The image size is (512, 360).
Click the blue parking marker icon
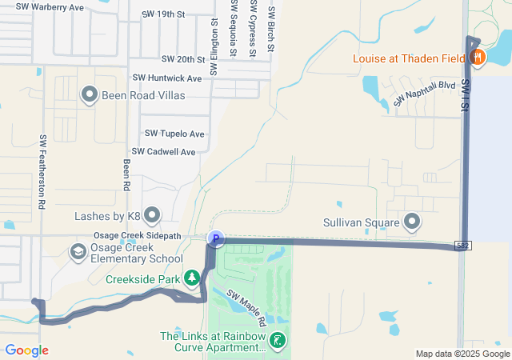coord(215,238)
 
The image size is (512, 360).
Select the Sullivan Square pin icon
coord(412,222)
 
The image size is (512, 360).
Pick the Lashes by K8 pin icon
coord(152,215)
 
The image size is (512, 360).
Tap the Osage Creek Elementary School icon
coord(78,253)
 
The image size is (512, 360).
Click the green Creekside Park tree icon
coord(192,278)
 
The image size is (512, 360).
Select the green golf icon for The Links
coord(278,342)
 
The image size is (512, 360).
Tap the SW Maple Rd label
coord(246,307)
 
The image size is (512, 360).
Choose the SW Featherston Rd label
coord(41,172)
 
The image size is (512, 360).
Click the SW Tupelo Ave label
coord(174,134)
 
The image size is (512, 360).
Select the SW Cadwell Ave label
coord(164,151)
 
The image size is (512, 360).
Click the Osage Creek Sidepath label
coord(138,235)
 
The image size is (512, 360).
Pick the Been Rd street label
coord(126,174)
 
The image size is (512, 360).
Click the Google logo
coord(26,350)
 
